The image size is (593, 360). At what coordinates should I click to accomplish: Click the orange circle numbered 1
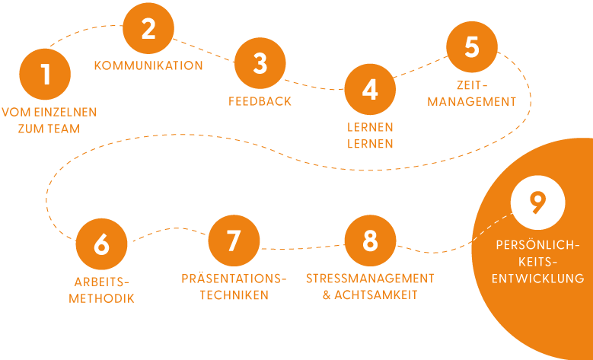pos(46,74)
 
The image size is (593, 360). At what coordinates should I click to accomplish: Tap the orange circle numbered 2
pos(148,29)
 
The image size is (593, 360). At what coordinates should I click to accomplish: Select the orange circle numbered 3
pos(260,64)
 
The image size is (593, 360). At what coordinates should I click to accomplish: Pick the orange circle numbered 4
pos(370,90)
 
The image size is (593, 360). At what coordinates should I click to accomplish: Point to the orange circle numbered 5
pos(472,46)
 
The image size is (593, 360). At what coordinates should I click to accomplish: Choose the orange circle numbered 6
pos(101,244)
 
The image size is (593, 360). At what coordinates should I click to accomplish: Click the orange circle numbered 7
pos(234,241)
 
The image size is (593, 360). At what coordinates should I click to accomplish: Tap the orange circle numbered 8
pos(370,241)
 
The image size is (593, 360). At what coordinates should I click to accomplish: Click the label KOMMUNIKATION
pos(148,65)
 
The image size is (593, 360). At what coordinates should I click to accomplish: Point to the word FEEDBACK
pos(260,100)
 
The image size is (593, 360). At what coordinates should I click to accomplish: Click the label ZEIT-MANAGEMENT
pos(472,93)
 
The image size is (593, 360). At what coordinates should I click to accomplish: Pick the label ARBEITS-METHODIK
pos(101,290)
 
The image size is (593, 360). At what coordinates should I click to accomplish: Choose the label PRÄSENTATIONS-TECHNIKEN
pos(234,287)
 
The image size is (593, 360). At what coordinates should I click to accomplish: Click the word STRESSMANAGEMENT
pos(370,278)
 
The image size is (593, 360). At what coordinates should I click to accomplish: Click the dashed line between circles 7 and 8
pos(302,247)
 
